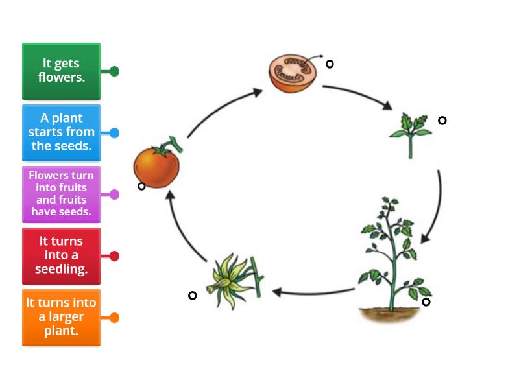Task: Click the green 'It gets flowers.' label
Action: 61,71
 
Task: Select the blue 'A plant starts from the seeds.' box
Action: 61,132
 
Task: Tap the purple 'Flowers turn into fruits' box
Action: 61,194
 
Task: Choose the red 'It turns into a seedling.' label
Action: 61,255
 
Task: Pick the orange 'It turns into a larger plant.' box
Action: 61,317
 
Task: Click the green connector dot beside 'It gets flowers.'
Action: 114,71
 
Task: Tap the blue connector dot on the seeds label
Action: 114,133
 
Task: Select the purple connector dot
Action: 114,194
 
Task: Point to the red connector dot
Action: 114,256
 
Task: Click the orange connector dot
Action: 114,318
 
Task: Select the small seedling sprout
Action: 410,134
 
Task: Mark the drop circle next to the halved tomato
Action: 330,64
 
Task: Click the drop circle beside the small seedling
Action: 442,120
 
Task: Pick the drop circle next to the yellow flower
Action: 192,296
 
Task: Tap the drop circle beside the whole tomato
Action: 141,186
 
